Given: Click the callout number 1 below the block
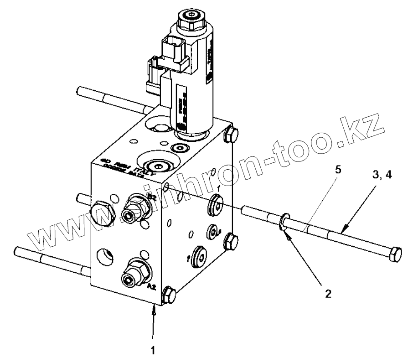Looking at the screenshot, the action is point(154,351).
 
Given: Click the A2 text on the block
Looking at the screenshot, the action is point(154,287).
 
